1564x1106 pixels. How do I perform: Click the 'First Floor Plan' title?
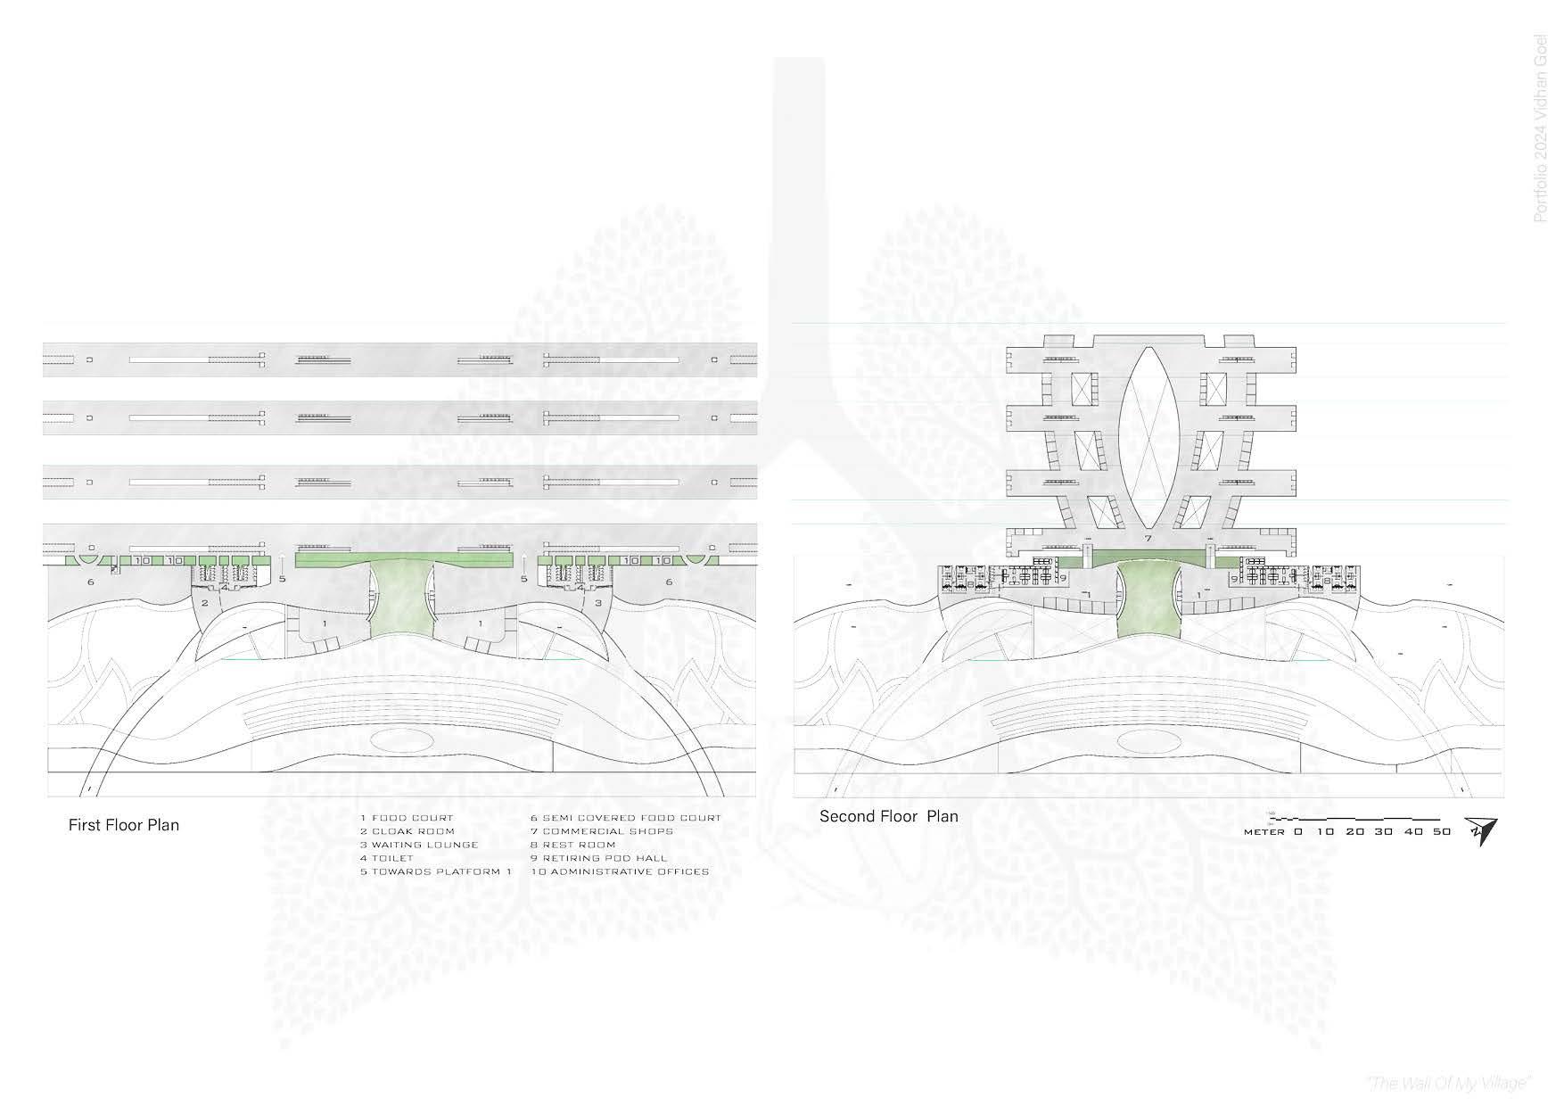[124, 825]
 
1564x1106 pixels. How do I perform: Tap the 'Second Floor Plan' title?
[888, 816]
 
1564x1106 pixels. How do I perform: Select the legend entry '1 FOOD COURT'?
[407, 818]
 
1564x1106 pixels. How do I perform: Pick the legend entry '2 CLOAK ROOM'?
[407, 831]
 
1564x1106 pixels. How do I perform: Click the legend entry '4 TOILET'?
[387, 858]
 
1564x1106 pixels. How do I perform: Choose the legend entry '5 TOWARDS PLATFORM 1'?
[436, 871]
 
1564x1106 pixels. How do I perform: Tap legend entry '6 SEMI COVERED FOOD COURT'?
[626, 818]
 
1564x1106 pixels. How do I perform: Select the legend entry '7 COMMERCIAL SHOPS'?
[602, 831]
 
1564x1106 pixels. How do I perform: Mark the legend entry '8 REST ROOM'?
[573, 845]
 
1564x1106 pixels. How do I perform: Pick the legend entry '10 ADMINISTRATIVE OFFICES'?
[620, 871]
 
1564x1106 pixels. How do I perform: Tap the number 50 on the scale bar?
[1441, 831]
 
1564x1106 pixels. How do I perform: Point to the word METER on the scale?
[1264, 832]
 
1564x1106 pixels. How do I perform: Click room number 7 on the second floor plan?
[1148, 540]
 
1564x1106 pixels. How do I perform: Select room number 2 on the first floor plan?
[204, 603]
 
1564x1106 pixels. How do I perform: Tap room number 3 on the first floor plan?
[598, 603]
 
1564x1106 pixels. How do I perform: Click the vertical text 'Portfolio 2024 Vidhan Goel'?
[1540, 128]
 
